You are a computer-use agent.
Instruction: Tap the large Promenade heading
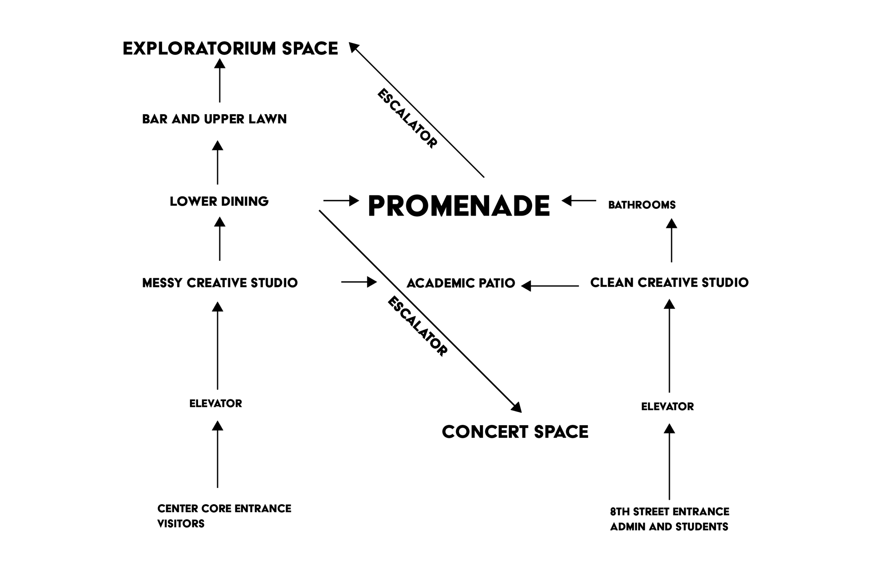(x=459, y=206)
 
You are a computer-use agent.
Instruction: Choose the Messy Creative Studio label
(x=220, y=283)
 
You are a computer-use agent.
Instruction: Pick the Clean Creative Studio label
(x=669, y=283)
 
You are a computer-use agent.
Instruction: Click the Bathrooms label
(x=642, y=205)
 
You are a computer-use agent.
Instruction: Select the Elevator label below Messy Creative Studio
(x=216, y=404)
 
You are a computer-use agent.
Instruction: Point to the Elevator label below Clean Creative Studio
(x=667, y=406)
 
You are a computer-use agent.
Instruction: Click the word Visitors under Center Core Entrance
(x=181, y=524)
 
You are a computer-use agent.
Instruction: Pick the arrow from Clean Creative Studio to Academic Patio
(x=550, y=286)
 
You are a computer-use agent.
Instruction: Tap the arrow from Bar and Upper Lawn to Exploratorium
(x=220, y=80)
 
